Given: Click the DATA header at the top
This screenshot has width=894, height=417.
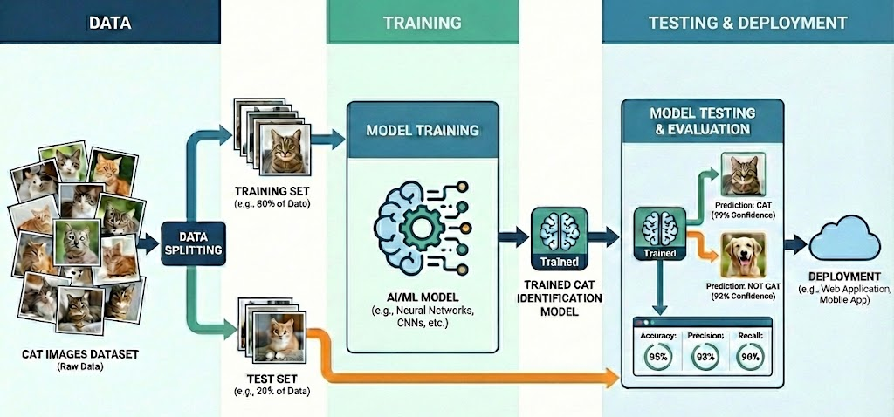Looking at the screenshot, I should [x=110, y=22].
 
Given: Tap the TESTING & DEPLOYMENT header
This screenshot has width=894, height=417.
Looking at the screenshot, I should [x=747, y=22].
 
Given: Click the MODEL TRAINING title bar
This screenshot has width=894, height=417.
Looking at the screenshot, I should [x=423, y=130].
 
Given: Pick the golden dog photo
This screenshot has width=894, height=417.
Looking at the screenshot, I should [x=741, y=254].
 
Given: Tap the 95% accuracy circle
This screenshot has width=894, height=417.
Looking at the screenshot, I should [x=658, y=357].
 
